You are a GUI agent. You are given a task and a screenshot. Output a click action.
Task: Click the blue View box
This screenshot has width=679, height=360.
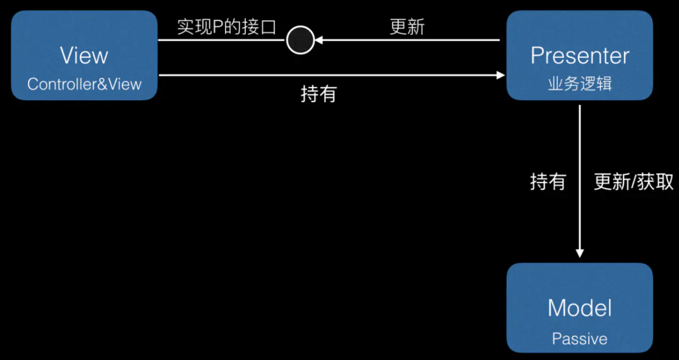coord(85,55)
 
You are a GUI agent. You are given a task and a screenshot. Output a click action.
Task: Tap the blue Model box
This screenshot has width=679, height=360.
coord(580,308)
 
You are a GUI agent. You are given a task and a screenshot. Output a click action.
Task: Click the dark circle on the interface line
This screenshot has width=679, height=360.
coord(300,41)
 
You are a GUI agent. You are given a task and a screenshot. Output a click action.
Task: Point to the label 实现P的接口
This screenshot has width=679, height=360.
coord(226,27)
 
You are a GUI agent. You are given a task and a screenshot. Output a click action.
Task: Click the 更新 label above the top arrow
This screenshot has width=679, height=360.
coord(406,27)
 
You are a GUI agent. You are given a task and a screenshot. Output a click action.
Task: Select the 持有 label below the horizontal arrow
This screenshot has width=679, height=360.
coord(318,94)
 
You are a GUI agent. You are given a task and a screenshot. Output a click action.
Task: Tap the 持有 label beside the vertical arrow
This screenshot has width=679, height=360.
coord(548,182)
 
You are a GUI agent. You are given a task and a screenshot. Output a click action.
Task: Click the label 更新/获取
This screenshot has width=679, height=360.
coord(633,182)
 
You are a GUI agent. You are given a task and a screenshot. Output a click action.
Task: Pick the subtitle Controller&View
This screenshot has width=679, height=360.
coord(85,84)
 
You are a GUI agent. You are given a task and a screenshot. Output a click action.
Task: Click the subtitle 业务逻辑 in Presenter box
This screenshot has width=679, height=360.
coord(580,84)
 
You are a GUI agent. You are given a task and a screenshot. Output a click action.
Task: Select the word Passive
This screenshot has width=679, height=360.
coord(580,338)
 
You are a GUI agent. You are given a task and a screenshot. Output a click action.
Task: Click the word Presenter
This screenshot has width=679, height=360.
coord(580,56)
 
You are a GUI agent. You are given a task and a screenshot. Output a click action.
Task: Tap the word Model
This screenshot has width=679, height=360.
coord(580,308)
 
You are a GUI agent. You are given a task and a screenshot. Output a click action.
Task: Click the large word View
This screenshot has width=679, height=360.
coord(85,56)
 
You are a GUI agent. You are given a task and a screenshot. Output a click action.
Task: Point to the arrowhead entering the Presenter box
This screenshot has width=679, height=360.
coord(501,75)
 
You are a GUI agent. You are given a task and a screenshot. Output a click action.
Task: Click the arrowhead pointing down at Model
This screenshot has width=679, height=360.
coord(580,252)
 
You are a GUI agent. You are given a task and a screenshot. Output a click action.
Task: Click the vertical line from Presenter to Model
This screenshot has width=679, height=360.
coord(580,176)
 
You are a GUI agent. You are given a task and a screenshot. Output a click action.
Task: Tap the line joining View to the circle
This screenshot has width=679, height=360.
coord(222,41)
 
